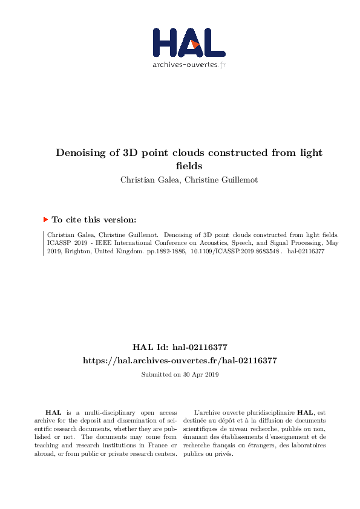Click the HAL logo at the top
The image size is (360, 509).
(x=189, y=42)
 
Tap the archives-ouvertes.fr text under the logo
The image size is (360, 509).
(x=189, y=65)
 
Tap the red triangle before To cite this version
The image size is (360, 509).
(x=45, y=220)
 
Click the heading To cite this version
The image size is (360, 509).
(x=94, y=220)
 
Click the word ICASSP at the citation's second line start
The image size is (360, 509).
(x=59, y=242)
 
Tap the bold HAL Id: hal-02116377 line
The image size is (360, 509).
(x=180, y=347)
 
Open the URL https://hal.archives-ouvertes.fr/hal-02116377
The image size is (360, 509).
(x=180, y=360)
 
